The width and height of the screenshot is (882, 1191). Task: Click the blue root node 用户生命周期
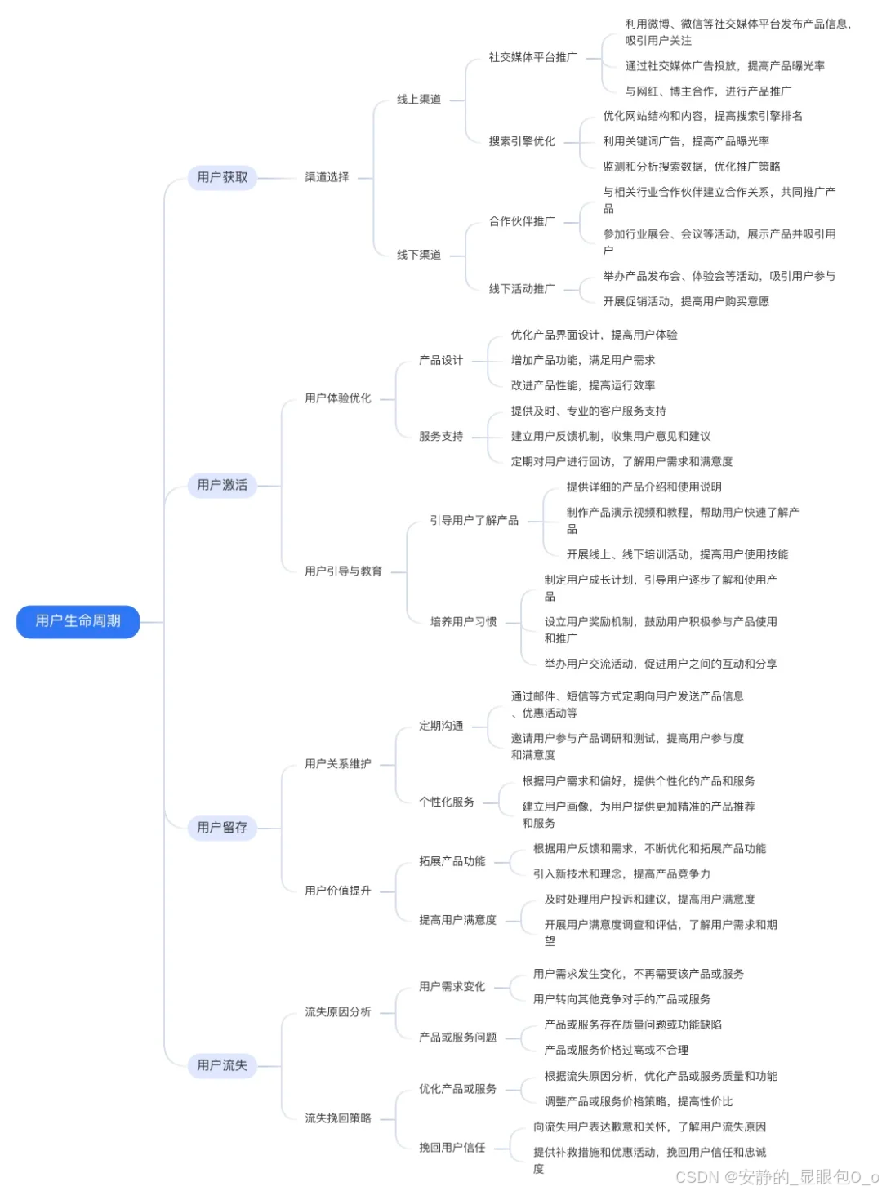pos(78,621)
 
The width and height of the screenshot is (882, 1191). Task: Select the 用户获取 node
pos(222,177)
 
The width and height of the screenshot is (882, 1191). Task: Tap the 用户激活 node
pos(222,485)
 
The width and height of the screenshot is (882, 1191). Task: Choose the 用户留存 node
pos(222,827)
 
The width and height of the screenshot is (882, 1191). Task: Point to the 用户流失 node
pos(222,1064)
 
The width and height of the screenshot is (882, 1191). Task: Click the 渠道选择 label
pos(327,177)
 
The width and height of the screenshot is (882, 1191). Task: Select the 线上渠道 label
pos(419,100)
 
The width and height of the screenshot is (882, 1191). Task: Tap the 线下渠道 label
pos(419,255)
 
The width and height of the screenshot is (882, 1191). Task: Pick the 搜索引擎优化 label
pos(522,141)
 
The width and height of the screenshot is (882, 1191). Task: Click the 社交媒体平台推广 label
pos(532,57)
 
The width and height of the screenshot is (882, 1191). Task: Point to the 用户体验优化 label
pos(338,398)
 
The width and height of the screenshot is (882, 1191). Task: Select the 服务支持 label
pos(441,436)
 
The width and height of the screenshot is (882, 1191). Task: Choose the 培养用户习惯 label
pos(463,622)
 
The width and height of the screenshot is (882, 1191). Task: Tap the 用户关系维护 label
pos(338,764)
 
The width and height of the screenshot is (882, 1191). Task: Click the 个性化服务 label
pos(447,802)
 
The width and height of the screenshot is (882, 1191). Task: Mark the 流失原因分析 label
pos(338,1012)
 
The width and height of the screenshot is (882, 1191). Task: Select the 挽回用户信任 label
pos(452,1148)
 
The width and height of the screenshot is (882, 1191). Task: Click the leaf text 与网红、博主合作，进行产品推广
pos(708,91)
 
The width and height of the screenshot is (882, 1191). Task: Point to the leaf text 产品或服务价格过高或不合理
pos(617,1050)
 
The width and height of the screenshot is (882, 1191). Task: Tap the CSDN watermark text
pos(777,1176)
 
